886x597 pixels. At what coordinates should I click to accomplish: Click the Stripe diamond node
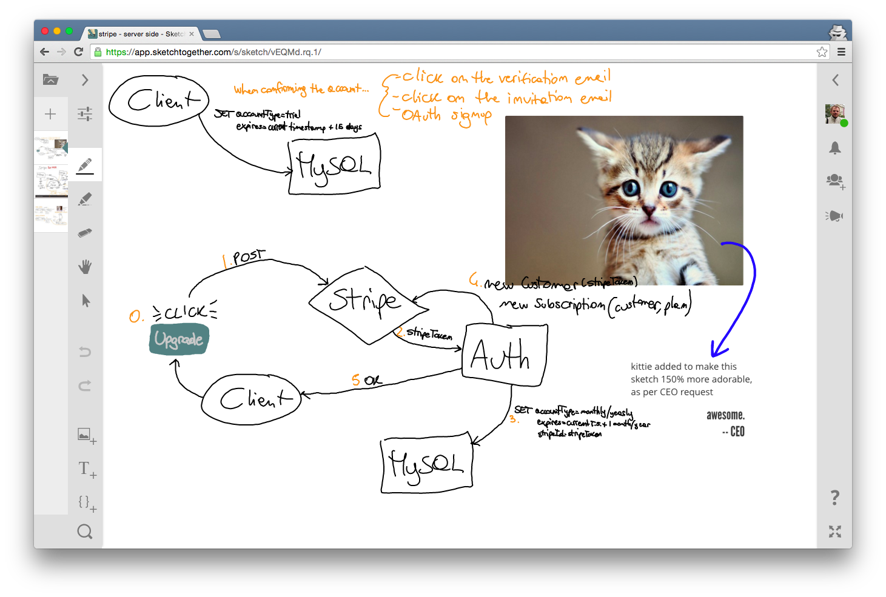pyautogui.click(x=367, y=303)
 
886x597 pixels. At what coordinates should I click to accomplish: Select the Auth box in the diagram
pyautogui.click(x=504, y=355)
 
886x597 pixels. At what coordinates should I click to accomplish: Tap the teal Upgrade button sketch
pyautogui.click(x=179, y=339)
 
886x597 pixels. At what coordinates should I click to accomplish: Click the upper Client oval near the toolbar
pyautogui.click(x=159, y=101)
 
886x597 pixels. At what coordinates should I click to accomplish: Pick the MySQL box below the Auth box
pyautogui.click(x=426, y=464)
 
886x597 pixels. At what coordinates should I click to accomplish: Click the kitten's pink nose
pyautogui.click(x=648, y=210)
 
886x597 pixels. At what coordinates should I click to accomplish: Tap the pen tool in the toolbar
pyautogui.click(x=85, y=165)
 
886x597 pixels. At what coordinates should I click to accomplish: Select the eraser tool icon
pyautogui.click(x=85, y=233)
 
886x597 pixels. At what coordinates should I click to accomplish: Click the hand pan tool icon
pyautogui.click(x=85, y=267)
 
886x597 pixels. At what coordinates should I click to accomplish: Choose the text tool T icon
pyautogui.click(x=85, y=468)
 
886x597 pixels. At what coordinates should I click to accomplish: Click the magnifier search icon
pyautogui.click(x=85, y=532)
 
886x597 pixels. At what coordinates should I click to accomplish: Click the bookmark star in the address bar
pyautogui.click(x=822, y=52)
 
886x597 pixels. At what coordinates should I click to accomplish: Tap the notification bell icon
pyautogui.click(x=835, y=148)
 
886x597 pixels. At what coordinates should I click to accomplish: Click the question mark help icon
pyautogui.click(x=835, y=498)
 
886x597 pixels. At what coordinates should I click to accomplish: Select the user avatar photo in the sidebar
pyautogui.click(x=835, y=114)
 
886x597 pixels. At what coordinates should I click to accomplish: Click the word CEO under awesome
pyautogui.click(x=737, y=432)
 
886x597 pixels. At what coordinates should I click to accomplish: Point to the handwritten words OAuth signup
pyautogui.click(x=446, y=115)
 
